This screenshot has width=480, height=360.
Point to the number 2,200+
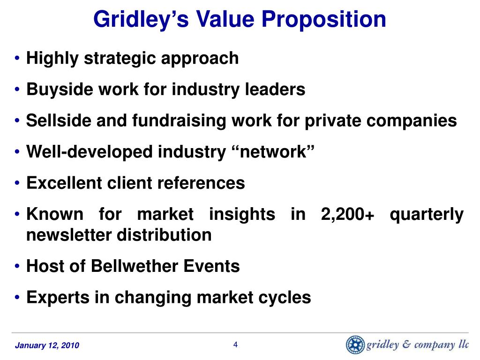click(348, 214)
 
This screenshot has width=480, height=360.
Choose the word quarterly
click(427, 214)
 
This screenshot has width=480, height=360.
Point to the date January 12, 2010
click(47, 346)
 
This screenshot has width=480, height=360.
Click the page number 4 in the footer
click(236, 345)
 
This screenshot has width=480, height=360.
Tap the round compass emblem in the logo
click(355, 345)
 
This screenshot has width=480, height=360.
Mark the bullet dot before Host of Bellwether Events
click(17, 267)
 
